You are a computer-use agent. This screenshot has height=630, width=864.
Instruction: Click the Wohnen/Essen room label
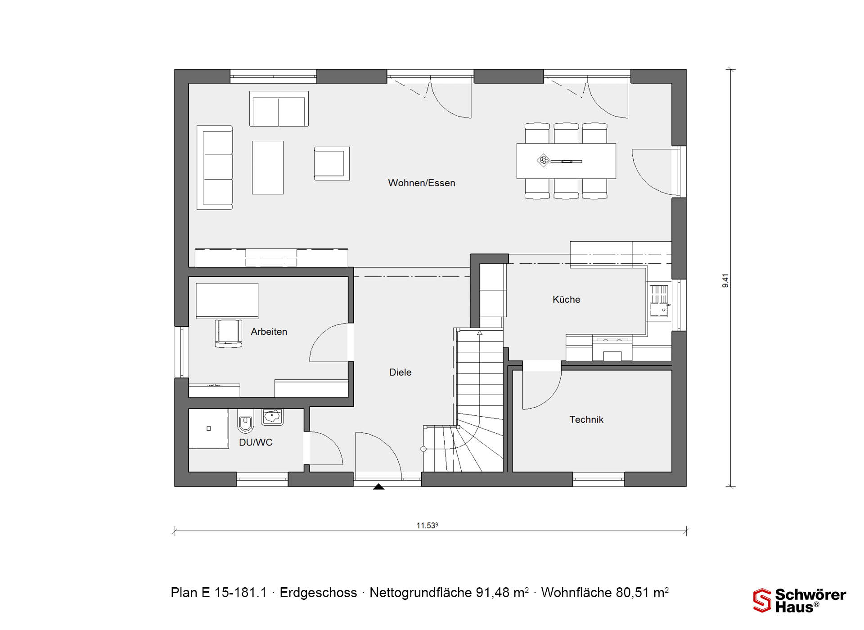click(x=422, y=183)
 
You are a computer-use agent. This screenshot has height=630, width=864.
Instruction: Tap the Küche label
click(x=566, y=300)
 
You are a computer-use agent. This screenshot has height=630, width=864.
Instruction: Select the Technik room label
click(x=586, y=420)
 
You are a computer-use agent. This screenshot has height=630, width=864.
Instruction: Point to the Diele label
click(x=400, y=373)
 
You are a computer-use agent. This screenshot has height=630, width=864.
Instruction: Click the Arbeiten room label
click(x=269, y=332)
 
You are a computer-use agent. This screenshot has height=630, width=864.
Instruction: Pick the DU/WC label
click(x=256, y=443)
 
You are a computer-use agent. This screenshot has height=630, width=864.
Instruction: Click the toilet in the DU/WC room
click(x=245, y=421)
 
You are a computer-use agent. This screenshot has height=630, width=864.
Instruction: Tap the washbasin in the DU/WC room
click(x=272, y=417)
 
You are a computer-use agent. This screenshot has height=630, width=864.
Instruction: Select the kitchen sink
click(x=659, y=301)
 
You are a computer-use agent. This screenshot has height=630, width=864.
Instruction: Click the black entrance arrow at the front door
click(x=379, y=486)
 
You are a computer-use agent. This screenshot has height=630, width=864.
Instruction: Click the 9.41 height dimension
click(x=725, y=281)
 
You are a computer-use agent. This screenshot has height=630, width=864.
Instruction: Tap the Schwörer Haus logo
click(x=800, y=601)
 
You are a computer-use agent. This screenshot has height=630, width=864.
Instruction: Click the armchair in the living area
click(x=332, y=163)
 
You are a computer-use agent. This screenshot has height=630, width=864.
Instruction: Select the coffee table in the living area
click(x=268, y=167)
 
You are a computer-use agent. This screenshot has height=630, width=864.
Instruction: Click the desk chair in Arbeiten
click(x=228, y=333)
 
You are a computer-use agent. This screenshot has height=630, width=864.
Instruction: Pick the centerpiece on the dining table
click(x=544, y=160)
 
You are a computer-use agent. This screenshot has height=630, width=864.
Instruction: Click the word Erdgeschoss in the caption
click(x=318, y=593)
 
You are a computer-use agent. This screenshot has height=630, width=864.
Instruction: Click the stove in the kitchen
click(x=612, y=347)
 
